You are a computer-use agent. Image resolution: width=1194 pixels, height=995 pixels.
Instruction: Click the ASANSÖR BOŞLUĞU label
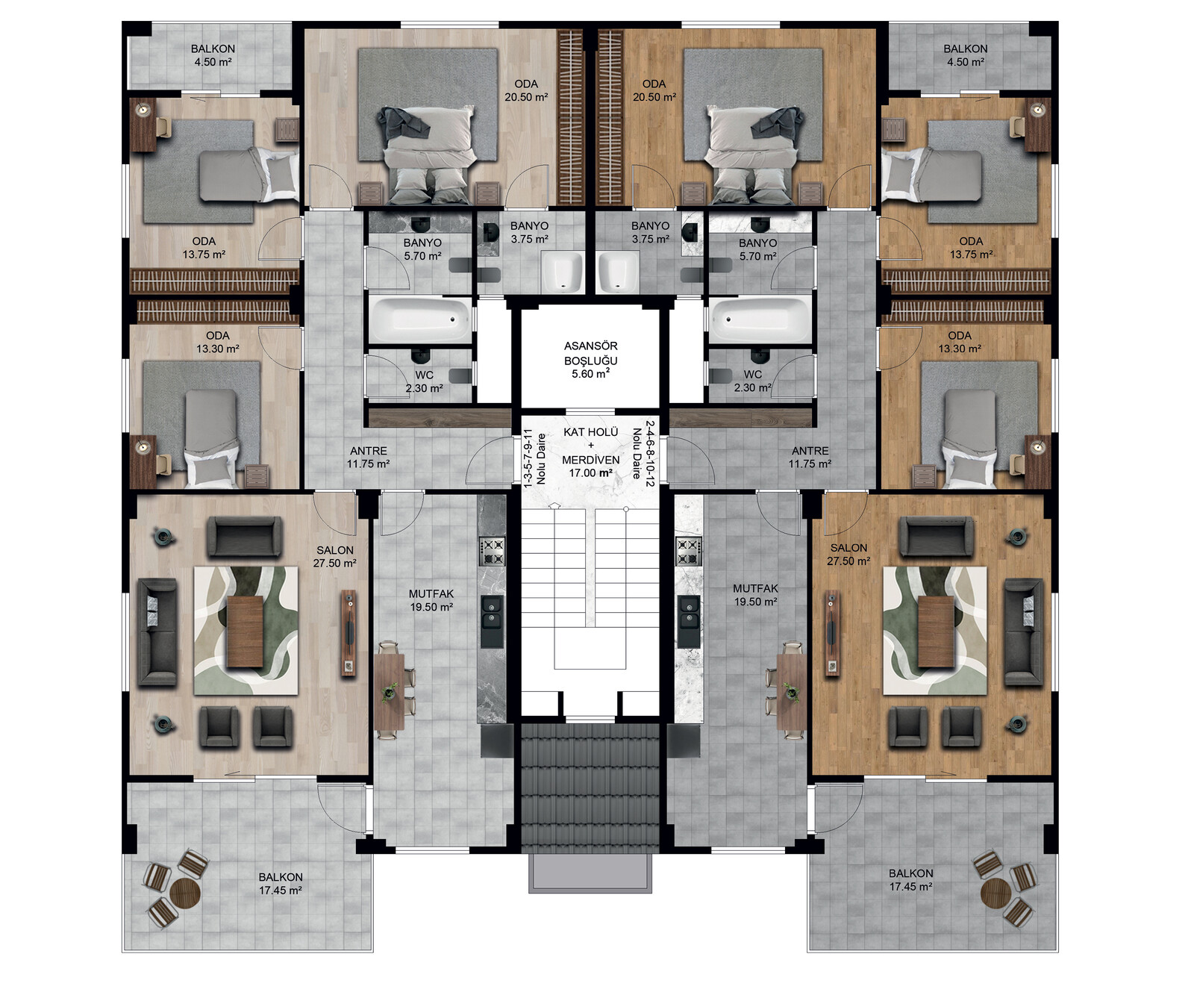[590, 359]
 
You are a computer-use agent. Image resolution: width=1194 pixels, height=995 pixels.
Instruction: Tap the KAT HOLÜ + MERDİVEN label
[590, 452]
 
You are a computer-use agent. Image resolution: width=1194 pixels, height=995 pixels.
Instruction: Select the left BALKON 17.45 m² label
[281, 884]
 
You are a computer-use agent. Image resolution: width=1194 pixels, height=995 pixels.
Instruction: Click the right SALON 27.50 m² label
[848, 555]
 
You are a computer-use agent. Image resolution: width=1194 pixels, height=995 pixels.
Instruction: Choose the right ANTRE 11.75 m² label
[810, 457]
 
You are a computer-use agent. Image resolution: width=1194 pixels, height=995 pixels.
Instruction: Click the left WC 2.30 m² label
[424, 381]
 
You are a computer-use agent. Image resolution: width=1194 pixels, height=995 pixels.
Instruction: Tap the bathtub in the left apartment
[420, 319]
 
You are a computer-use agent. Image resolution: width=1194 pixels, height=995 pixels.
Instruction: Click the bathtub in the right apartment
[760, 319]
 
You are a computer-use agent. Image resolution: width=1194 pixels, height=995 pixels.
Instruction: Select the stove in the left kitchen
[492, 552]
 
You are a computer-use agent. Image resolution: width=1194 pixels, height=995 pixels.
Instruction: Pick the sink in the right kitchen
[689, 621]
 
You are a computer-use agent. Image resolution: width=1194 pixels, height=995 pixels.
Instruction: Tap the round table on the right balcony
[995, 891]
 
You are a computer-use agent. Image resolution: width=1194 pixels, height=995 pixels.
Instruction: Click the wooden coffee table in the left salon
[245, 631]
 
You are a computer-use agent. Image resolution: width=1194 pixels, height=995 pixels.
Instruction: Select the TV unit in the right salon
[832, 633]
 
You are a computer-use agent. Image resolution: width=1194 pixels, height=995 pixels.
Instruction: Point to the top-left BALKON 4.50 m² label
[213, 55]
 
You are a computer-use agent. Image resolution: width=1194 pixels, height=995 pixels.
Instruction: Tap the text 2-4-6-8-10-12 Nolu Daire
[643, 454]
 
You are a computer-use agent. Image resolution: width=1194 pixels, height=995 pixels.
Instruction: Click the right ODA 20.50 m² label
[654, 90]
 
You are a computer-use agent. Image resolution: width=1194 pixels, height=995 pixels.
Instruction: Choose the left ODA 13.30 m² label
[217, 342]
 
